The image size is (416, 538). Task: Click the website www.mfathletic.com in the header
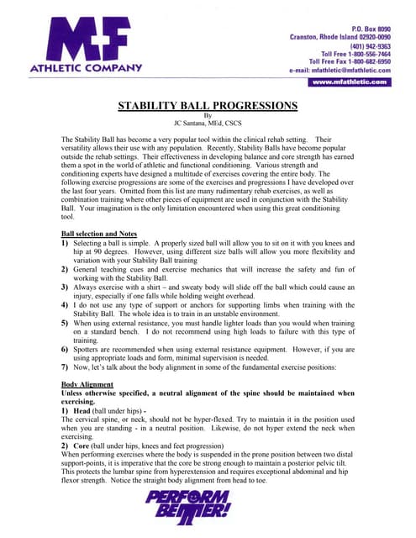coord(350,82)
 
